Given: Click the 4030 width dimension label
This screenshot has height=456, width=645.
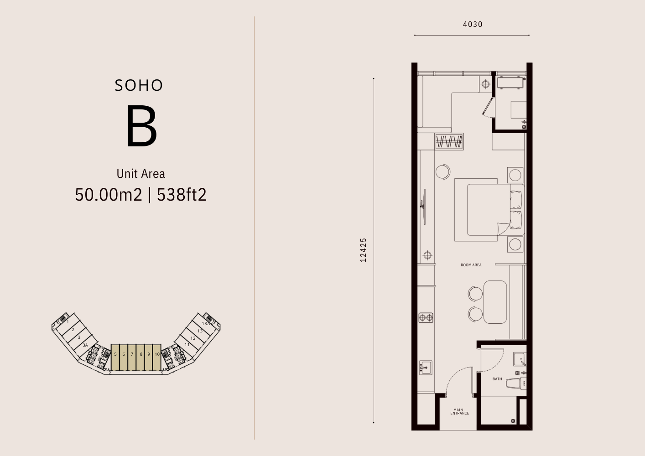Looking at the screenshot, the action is click(473, 25).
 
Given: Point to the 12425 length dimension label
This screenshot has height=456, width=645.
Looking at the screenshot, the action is click(364, 250).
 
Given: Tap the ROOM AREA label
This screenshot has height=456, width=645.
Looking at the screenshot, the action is click(471, 265).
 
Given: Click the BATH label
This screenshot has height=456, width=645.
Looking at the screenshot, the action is click(497, 379).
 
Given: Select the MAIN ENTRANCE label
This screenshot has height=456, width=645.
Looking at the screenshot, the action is click(459, 411).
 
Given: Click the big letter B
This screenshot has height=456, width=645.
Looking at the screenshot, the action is click(141, 126).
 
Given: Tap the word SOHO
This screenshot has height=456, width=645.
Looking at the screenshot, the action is click(139, 86).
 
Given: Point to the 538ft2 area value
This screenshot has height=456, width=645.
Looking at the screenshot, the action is click(182, 195).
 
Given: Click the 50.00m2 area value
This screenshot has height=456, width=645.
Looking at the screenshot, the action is click(109, 195).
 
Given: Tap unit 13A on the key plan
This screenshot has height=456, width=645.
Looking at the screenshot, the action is click(206, 324).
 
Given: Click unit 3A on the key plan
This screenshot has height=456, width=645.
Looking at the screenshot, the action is click(85, 345).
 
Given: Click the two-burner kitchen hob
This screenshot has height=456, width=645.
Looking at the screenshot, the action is click(426, 318).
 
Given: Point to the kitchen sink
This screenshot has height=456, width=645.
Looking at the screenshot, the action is click(426, 368).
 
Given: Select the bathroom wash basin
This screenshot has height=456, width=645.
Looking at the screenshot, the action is click(520, 359).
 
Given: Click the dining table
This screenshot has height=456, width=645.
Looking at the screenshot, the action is click(495, 302).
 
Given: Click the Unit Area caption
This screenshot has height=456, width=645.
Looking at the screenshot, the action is click(141, 174).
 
